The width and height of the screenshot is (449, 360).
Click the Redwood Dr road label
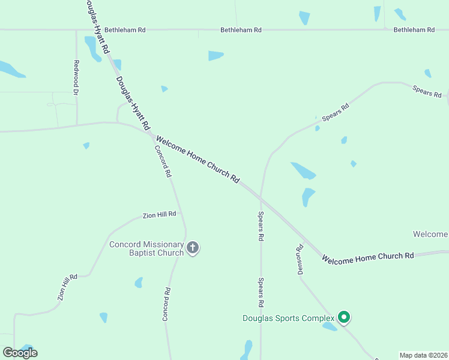click(x=76, y=77)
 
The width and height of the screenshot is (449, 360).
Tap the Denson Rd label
click(x=300, y=259)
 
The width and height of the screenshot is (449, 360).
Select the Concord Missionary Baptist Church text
click(x=146, y=248)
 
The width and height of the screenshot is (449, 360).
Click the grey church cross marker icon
click(x=193, y=248)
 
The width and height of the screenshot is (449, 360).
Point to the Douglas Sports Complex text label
click(x=288, y=318)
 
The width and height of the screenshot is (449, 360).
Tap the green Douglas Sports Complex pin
click(x=343, y=316)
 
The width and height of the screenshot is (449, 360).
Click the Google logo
click(x=20, y=353)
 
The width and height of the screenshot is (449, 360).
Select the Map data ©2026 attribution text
click(x=423, y=355)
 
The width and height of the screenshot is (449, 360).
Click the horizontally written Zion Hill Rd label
click(x=159, y=214)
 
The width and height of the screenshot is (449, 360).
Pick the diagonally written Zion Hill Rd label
click(x=68, y=287)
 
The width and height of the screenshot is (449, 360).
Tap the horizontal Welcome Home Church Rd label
click(x=367, y=256)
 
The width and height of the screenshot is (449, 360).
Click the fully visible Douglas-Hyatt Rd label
click(x=133, y=103)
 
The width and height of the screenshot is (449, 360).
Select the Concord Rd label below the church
click(x=166, y=304)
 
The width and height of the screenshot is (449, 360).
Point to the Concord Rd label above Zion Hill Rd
click(x=163, y=161)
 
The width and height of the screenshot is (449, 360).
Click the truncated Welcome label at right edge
click(x=430, y=233)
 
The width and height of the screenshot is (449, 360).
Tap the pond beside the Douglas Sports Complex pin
click(x=330, y=327)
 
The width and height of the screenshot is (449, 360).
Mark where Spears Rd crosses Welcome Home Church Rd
click(x=261, y=198)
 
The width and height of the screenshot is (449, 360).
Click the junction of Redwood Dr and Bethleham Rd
click(x=76, y=29)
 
